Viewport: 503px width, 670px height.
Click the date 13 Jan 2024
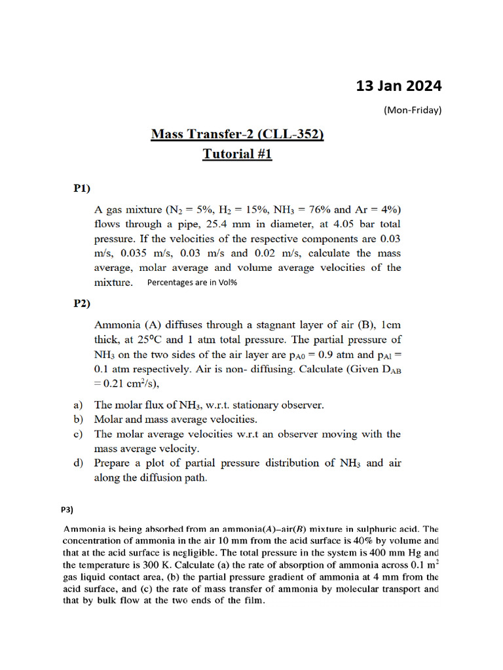tap(398, 86)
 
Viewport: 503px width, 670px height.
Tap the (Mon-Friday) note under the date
tap(412, 110)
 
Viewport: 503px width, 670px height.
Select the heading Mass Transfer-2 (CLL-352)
tap(237, 135)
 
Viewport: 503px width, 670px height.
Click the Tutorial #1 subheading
tap(236, 154)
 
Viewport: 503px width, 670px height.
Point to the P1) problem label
tap(82, 188)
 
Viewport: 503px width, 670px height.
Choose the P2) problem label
tap(82, 303)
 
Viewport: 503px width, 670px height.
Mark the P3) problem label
tap(67, 509)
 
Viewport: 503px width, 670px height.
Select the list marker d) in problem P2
tap(77, 463)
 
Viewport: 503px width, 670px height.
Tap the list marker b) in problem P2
tap(77, 419)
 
